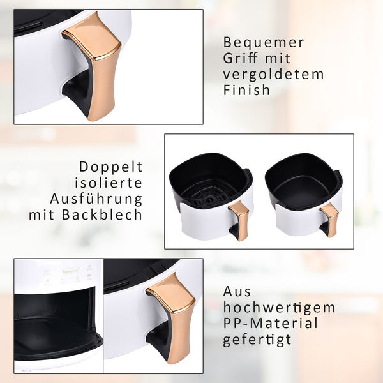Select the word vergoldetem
tap(273, 74)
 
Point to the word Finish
tap(246, 90)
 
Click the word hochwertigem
tap(279, 307)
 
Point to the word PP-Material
tap(270, 323)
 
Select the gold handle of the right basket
tap(330, 217)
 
